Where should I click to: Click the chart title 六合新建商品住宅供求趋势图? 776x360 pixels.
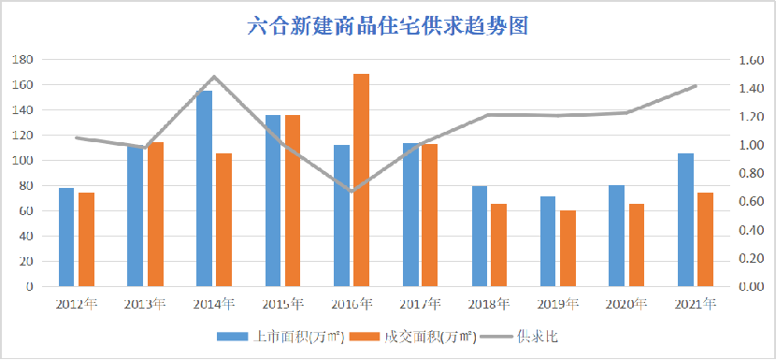[x=388, y=25]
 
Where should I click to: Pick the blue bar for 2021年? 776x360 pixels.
[x=685, y=220]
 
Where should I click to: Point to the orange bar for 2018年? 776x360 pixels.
[x=499, y=245]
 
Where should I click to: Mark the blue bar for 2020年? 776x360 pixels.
[x=616, y=236]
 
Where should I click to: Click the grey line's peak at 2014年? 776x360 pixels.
[x=213, y=77]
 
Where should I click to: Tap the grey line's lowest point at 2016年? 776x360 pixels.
[x=351, y=191]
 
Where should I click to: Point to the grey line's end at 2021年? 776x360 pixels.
[x=695, y=86]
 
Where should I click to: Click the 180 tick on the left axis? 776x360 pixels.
[x=21, y=59]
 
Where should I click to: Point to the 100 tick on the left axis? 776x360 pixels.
[x=21, y=160]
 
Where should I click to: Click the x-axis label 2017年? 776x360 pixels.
[x=420, y=304]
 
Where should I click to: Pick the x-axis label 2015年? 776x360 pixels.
[x=282, y=304]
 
